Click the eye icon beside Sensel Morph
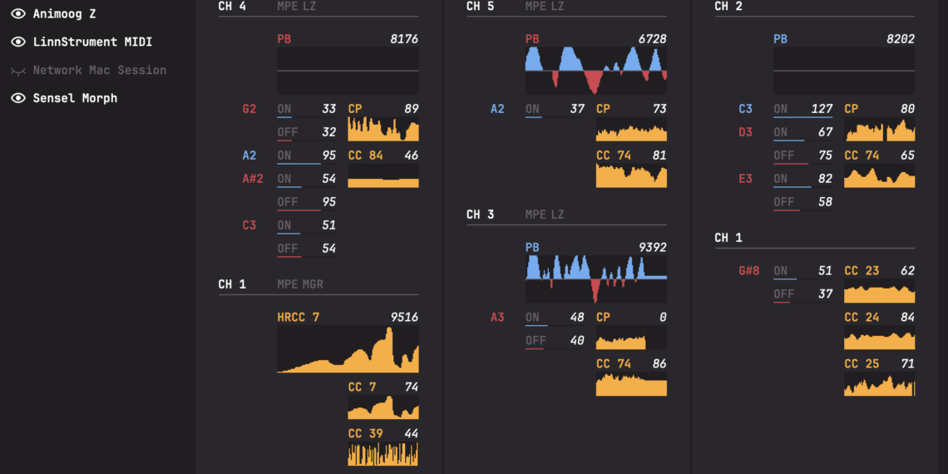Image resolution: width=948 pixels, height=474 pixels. [x=17, y=98]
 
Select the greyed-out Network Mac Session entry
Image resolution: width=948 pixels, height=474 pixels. [x=99, y=70]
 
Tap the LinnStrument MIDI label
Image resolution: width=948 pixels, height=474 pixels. [x=92, y=42]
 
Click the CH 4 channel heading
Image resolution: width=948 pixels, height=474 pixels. [x=232, y=7]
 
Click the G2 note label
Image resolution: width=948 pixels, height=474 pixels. [x=249, y=109]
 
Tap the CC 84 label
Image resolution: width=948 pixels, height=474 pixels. [x=366, y=156]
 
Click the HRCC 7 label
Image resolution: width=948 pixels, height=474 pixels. [x=298, y=317]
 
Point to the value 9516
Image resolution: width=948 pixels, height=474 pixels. [x=404, y=317]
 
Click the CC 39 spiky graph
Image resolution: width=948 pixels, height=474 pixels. [x=383, y=454]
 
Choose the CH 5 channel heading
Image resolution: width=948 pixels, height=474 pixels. [x=480, y=7]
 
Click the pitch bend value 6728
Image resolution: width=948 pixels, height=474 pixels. [x=651, y=39]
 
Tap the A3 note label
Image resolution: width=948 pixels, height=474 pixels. [x=497, y=317]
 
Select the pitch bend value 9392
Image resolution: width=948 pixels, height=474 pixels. [x=651, y=248]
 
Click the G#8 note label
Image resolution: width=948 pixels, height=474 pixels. [x=748, y=271]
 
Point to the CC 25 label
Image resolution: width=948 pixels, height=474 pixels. [x=862, y=364]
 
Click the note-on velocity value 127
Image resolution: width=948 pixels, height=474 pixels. [x=821, y=109]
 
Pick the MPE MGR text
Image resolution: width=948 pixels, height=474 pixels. [x=300, y=284]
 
